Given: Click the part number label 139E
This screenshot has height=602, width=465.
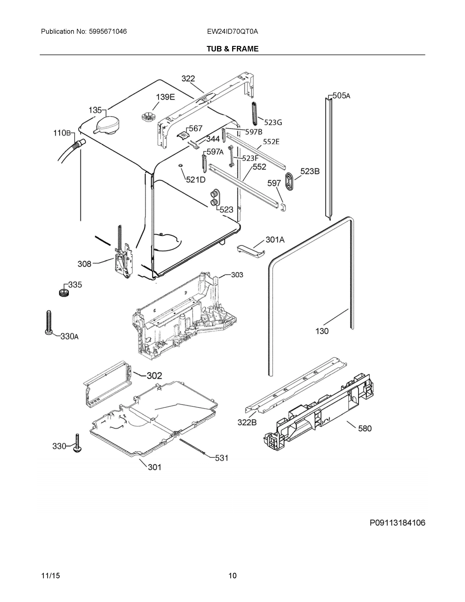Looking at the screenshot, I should click(165, 97).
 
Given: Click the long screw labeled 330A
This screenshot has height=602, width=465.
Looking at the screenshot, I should click(48, 322).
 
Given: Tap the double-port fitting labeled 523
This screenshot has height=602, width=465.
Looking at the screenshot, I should click(214, 198).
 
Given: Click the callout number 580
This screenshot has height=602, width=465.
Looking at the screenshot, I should click(365, 428).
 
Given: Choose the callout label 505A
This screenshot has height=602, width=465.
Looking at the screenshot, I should click(341, 96).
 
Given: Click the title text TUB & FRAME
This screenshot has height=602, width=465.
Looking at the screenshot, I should click(233, 49).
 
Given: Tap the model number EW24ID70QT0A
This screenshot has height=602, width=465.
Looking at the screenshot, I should click(233, 31).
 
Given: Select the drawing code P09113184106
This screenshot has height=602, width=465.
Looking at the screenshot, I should click(397, 523).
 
